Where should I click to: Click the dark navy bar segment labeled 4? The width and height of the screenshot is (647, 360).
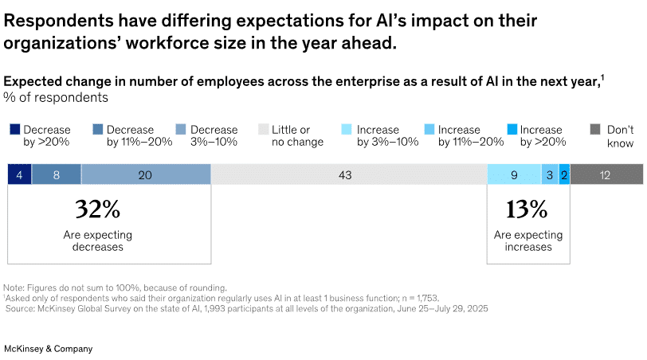pyautogui.click(x=19, y=174)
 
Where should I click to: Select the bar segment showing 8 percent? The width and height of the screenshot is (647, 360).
pyautogui.click(x=56, y=174)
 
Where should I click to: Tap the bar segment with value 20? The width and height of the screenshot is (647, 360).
pyautogui.click(x=145, y=174)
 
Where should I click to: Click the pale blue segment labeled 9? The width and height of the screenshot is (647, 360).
pyautogui.click(x=513, y=174)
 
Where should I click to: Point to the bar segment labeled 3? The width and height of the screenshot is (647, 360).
pyautogui.click(x=550, y=174)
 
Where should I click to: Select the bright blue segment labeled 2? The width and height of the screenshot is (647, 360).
pyautogui.click(x=564, y=174)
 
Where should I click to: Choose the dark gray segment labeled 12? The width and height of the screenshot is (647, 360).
pyautogui.click(x=606, y=174)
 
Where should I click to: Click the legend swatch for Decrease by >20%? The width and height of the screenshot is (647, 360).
pyautogui.click(x=14, y=129)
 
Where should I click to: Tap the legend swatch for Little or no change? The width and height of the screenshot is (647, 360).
pyautogui.click(x=265, y=129)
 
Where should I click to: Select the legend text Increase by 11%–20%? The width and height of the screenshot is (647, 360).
pyautogui.click(x=471, y=136)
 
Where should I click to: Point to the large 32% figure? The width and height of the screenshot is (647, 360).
pyautogui.click(x=97, y=209)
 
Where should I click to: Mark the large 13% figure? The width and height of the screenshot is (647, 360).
pyautogui.click(x=527, y=209)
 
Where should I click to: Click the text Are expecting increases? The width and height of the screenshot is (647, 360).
pyautogui.click(x=527, y=241)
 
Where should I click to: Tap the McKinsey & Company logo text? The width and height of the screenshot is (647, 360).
pyautogui.click(x=49, y=349)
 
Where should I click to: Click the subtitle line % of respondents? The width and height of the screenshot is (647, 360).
pyautogui.click(x=56, y=98)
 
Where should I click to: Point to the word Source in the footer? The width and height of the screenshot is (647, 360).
pyautogui.click(x=22, y=307)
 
